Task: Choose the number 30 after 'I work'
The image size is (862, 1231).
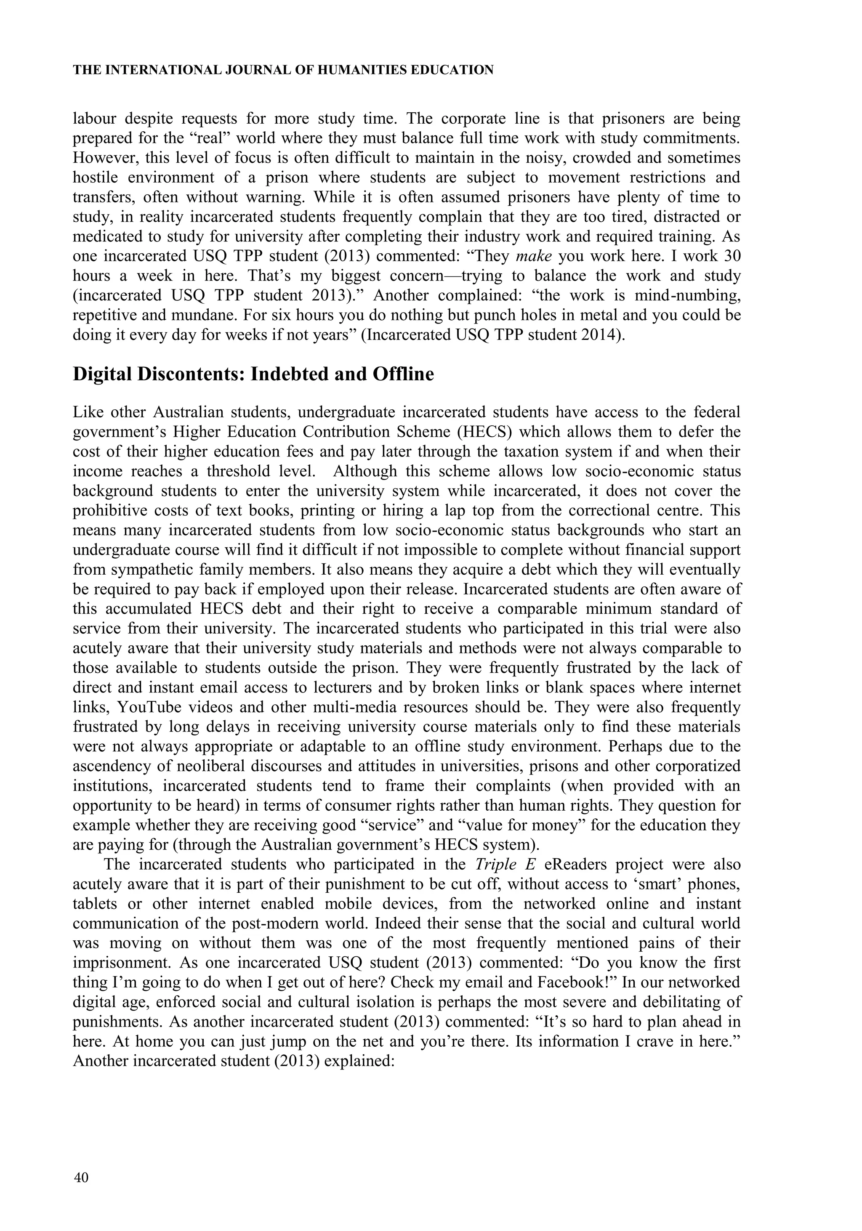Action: [732, 256]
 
